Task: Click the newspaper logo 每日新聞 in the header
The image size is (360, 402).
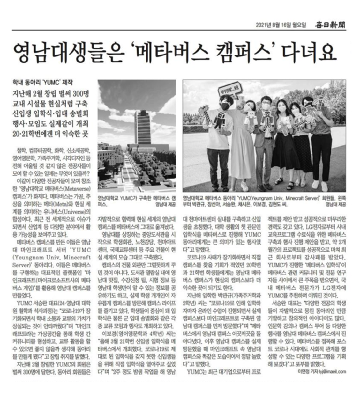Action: pyautogui.click(x=330, y=25)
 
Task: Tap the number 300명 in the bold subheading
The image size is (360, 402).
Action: pyautogui.click(x=81, y=94)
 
